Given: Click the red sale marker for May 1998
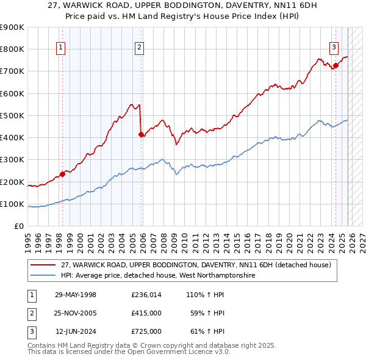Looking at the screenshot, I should pos(63,174).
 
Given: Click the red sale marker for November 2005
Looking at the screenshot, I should pos(142,134).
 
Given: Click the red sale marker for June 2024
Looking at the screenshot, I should pos(335,66).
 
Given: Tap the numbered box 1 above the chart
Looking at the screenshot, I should pos(62,48).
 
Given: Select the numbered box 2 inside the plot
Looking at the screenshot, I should pos(140,48).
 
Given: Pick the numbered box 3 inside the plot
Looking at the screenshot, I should pos(334,48).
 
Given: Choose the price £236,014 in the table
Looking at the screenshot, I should pos(146,295).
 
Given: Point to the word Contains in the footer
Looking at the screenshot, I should pos(41,345).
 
